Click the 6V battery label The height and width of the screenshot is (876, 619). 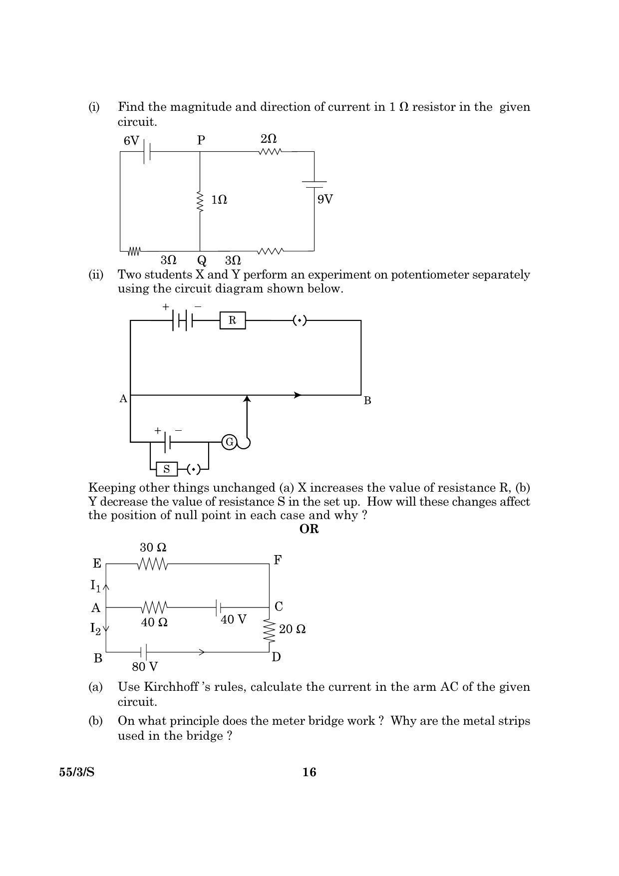pyautogui.click(x=131, y=141)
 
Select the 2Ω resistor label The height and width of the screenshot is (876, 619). pyautogui.click(x=269, y=139)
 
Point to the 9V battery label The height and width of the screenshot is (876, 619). pyautogui.click(x=325, y=200)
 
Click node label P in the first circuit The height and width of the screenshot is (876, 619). pyautogui.click(x=201, y=140)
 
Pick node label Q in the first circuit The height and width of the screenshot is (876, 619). pyautogui.click(x=202, y=261)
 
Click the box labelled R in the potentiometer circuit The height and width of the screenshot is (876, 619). pyautogui.click(x=233, y=320)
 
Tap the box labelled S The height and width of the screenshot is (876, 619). pyautogui.click(x=167, y=469)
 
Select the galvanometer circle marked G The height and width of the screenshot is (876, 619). pyautogui.click(x=229, y=442)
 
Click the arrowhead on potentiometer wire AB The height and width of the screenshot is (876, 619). pyautogui.click(x=298, y=395)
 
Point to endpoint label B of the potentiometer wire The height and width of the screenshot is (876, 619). pyautogui.click(x=367, y=400)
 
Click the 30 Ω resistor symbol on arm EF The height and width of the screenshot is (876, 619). pyautogui.click(x=153, y=564)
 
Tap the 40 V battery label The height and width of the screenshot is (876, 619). pyautogui.click(x=234, y=619)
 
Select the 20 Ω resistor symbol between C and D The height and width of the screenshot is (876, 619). pyautogui.click(x=270, y=631)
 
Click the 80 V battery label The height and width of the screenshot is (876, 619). pyautogui.click(x=145, y=666)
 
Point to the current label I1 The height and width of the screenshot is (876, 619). pyautogui.click(x=96, y=585)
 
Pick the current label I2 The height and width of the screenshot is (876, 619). pyautogui.click(x=96, y=628)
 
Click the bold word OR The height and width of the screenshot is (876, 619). pyautogui.click(x=309, y=529)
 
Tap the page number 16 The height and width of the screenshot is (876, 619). pyautogui.click(x=309, y=772)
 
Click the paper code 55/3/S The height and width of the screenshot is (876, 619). pyautogui.click(x=77, y=772)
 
